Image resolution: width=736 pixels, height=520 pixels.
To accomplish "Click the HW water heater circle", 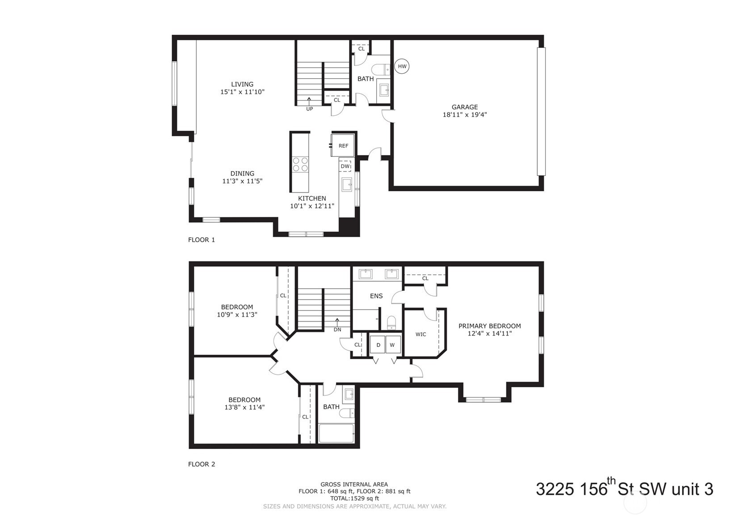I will click(x=402, y=67).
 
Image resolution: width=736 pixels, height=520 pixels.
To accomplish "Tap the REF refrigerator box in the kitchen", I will click(x=343, y=146).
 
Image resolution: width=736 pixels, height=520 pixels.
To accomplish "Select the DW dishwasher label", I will click(x=345, y=166).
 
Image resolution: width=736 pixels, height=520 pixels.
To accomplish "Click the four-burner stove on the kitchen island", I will click(x=300, y=164).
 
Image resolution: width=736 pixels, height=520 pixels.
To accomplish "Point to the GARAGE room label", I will click(x=464, y=107).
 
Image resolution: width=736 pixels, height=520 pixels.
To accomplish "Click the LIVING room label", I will click(x=242, y=84).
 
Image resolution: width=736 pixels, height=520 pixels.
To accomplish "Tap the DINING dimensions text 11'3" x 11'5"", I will click(x=242, y=181).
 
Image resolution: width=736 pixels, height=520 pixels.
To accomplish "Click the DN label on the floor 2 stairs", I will click(x=337, y=330).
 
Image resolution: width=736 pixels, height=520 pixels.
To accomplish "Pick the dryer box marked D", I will click(x=378, y=345).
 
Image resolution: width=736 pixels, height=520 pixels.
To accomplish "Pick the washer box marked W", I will click(x=392, y=345).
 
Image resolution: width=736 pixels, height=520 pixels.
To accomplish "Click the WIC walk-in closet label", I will click(x=421, y=334).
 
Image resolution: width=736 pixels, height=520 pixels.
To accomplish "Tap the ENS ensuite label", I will click(x=376, y=296).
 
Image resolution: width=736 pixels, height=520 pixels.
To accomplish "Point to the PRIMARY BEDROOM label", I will click(x=489, y=326).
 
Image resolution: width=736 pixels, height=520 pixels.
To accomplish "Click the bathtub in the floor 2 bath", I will click(x=336, y=433).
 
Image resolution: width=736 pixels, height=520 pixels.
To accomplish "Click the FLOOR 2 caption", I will click(x=202, y=464).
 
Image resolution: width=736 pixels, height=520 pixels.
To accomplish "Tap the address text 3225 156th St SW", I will click(x=624, y=489).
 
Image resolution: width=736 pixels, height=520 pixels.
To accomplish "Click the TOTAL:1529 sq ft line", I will click(x=354, y=498).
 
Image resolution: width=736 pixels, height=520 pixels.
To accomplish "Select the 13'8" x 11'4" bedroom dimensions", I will click(x=244, y=407).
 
